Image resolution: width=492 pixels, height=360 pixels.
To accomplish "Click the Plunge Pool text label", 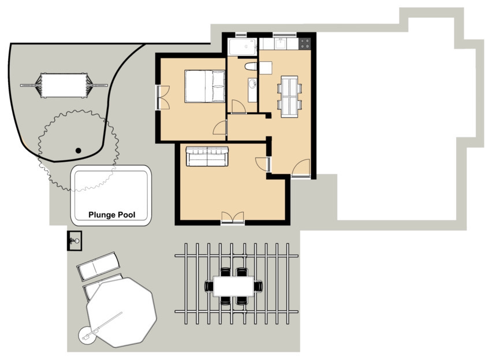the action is pyautogui.click(x=111, y=215).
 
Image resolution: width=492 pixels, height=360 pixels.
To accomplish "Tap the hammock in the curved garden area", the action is pyautogui.click(x=64, y=86).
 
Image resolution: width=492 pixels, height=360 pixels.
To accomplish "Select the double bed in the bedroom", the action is pyautogui.click(x=205, y=86).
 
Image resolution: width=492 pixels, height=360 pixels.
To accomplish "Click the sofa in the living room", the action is pyautogui.click(x=207, y=156).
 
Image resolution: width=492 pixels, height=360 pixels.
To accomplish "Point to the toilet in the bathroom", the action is pyautogui.click(x=251, y=66).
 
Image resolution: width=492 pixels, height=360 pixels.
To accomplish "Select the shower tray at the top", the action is pyautogui.click(x=242, y=47).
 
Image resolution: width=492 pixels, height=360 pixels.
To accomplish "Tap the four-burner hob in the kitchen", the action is pyautogui.click(x=305, y=43).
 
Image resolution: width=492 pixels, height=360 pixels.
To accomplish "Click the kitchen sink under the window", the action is pyautogui.click(x=281, y=43).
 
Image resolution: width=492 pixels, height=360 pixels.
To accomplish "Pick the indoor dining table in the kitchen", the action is pyautogui.click(x=289, y=97).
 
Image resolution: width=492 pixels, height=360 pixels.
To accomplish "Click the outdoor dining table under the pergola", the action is pyautogui.click(x=233, y=286).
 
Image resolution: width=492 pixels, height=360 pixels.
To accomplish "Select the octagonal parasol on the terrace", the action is pyautogui.click(x=121, y=312).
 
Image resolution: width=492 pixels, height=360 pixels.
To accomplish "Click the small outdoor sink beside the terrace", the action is pyautogui.click(x=74, y=241).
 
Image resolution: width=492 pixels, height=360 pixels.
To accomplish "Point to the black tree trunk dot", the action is pyautogui.click(x=78, y=151).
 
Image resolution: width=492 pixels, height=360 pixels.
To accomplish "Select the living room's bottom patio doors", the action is pyautogui.click(x=233, y=218).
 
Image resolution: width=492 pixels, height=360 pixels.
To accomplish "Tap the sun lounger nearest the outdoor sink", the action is pyautogui.click(x=99, y=266).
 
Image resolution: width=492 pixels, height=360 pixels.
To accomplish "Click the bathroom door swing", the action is pyautogui.click(x=238, y=106).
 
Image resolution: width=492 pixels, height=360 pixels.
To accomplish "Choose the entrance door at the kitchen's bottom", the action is pyautogui.click(x=301, y=168).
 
